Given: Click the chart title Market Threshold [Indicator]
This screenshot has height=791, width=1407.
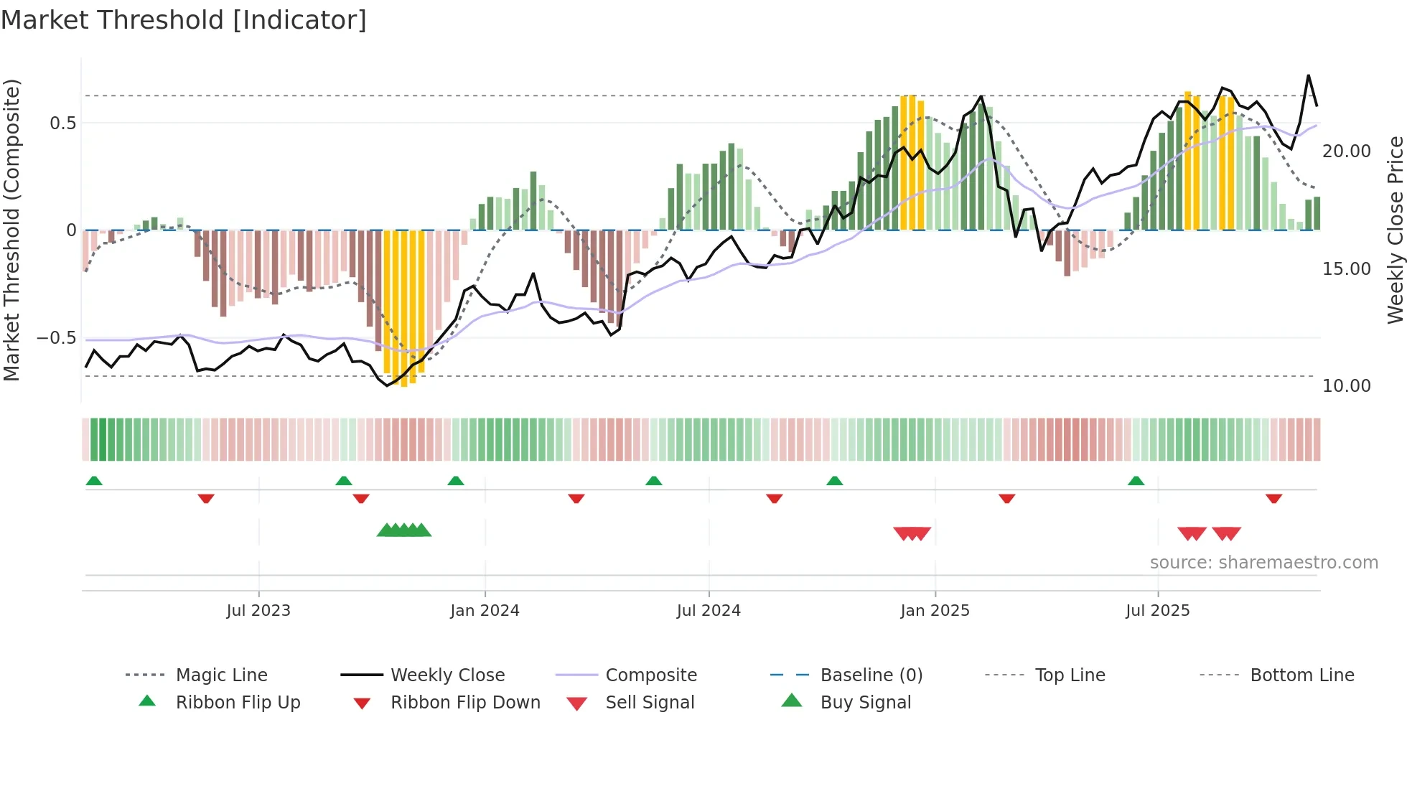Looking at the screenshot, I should click(184, 20).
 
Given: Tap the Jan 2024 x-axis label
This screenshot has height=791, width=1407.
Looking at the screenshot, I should click(485, 610).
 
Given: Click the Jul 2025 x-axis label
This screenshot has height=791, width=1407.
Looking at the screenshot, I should click(1157, 610).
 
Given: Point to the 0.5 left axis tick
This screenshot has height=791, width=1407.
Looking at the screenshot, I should click(62, 123).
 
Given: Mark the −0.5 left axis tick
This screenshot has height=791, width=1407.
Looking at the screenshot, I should click(56, 337).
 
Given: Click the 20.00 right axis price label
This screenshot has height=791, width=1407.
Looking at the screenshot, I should click(1346, 151).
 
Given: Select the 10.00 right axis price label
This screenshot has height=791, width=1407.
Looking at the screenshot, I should click(1346, 385).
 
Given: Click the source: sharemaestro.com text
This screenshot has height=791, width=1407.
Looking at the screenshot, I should click(1263, 562).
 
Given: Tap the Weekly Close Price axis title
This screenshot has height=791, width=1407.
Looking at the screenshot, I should click(1394, 230).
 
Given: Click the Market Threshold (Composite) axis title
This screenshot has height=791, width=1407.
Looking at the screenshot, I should click(11, 230).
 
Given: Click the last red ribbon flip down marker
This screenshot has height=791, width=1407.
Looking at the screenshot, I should click(1273, 498).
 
